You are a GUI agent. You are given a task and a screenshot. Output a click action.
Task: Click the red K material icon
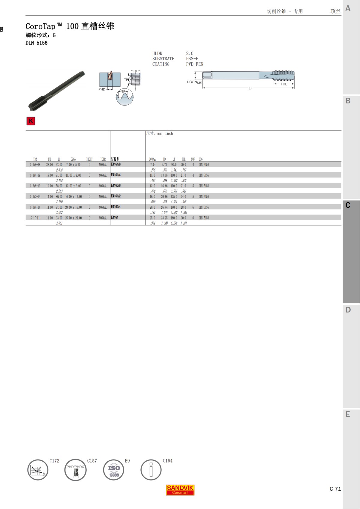click(31, 121)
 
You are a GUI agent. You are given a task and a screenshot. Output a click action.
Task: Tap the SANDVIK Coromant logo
click(180, 490)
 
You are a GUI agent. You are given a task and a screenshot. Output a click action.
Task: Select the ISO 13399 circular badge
click(114, 470)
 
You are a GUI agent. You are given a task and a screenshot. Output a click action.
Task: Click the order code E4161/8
click(116, 164)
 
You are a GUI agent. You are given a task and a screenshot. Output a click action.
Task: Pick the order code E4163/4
click(116, 207)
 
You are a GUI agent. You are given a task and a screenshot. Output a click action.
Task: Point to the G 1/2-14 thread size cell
click(35, 197)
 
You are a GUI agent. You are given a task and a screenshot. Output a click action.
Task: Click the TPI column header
click(49, 159)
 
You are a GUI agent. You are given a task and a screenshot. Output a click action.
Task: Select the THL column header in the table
click(183, 159)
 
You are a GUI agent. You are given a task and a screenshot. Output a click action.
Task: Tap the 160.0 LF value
click(174, 218)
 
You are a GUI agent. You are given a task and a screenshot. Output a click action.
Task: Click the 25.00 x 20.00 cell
click(73, 218)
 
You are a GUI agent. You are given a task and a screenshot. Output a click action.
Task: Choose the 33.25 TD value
click(164, 218)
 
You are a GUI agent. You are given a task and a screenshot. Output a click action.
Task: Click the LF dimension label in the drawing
click(250, 88)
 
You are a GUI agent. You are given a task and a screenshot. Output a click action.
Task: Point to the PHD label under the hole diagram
click(102, 89)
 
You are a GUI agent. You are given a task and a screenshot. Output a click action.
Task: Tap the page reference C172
click(54, 461)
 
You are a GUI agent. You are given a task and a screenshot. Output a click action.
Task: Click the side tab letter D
click(348, 310)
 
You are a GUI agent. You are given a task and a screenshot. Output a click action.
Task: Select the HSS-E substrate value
click(192, 59)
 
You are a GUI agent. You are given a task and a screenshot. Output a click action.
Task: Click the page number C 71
click(335, 489)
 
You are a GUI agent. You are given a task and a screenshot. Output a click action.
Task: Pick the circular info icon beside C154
click(151, 470)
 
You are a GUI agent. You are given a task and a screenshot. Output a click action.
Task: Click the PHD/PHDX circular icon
click(75, 470)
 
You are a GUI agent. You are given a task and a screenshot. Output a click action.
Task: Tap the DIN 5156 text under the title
click(36, 43)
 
